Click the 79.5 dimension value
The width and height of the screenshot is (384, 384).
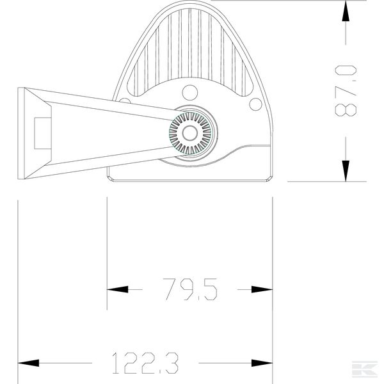[x=190, y=289]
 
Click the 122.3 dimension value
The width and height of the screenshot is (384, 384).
[x=145, y=363]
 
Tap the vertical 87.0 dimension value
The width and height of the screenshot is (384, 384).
[x=346, y=91]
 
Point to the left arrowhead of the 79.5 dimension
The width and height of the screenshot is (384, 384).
[x=117, y=289]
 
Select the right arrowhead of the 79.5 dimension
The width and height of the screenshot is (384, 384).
[x=262, y=289]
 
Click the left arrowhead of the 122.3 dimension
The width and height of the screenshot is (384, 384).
[x=28, y=363]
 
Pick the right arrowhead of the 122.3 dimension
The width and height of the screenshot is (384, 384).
[x=262, y=363]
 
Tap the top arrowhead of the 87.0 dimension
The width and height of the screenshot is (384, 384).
[x=346, y=11]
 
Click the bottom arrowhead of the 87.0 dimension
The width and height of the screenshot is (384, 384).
[x=346, y=171]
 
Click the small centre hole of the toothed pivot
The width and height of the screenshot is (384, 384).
[x=190, y=133]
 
